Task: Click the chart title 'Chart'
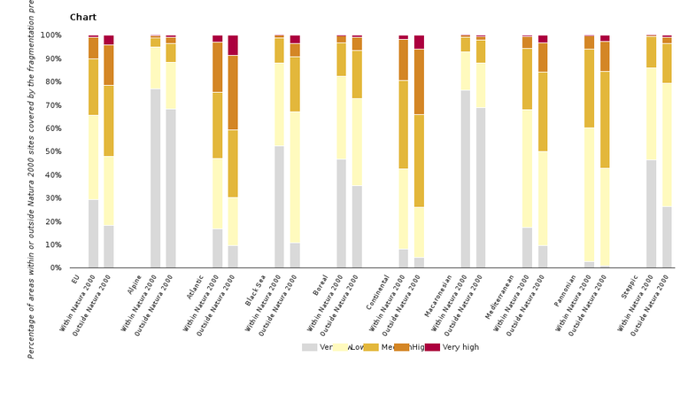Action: [x=83, y=18]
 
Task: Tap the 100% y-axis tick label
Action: [x=50, y=35]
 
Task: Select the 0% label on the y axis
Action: [x=54, y=267]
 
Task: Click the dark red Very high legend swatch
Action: [x=432, y=347]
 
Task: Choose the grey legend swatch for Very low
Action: [x=309, y=347]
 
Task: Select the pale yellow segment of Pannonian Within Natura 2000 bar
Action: [x=589, y=195]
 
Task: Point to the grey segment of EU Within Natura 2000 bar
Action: [x=93, y=234]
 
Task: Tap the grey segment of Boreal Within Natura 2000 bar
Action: [x=341, y=213]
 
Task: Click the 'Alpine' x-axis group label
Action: [x=135, y=285]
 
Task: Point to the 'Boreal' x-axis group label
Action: [x=321, y=286]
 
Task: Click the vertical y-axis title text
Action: [x=32, y=177]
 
